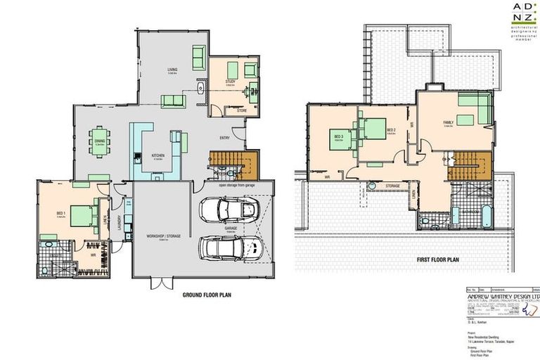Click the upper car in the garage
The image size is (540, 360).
click(x=230, y=209)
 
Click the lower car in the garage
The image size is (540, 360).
click(x=230, y=246)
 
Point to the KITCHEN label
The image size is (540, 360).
click(x=158, y=155)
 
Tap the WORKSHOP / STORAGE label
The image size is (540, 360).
click(x=164, y=236)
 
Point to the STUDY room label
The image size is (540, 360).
click(x=230, y=82)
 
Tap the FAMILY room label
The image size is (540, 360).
click(x=448, y=122)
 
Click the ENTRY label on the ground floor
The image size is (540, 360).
click(x=224, y=138)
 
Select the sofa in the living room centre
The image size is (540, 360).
click(x=172, y=101)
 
